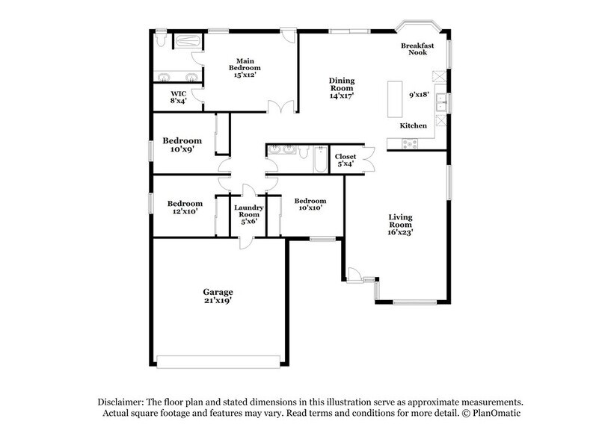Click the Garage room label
218,296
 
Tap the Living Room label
400,225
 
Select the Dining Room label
342,87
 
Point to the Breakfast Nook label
417,50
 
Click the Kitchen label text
413,125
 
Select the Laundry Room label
248,215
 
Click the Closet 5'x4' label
346,161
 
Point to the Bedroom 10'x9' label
183,145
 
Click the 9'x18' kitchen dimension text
420,95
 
